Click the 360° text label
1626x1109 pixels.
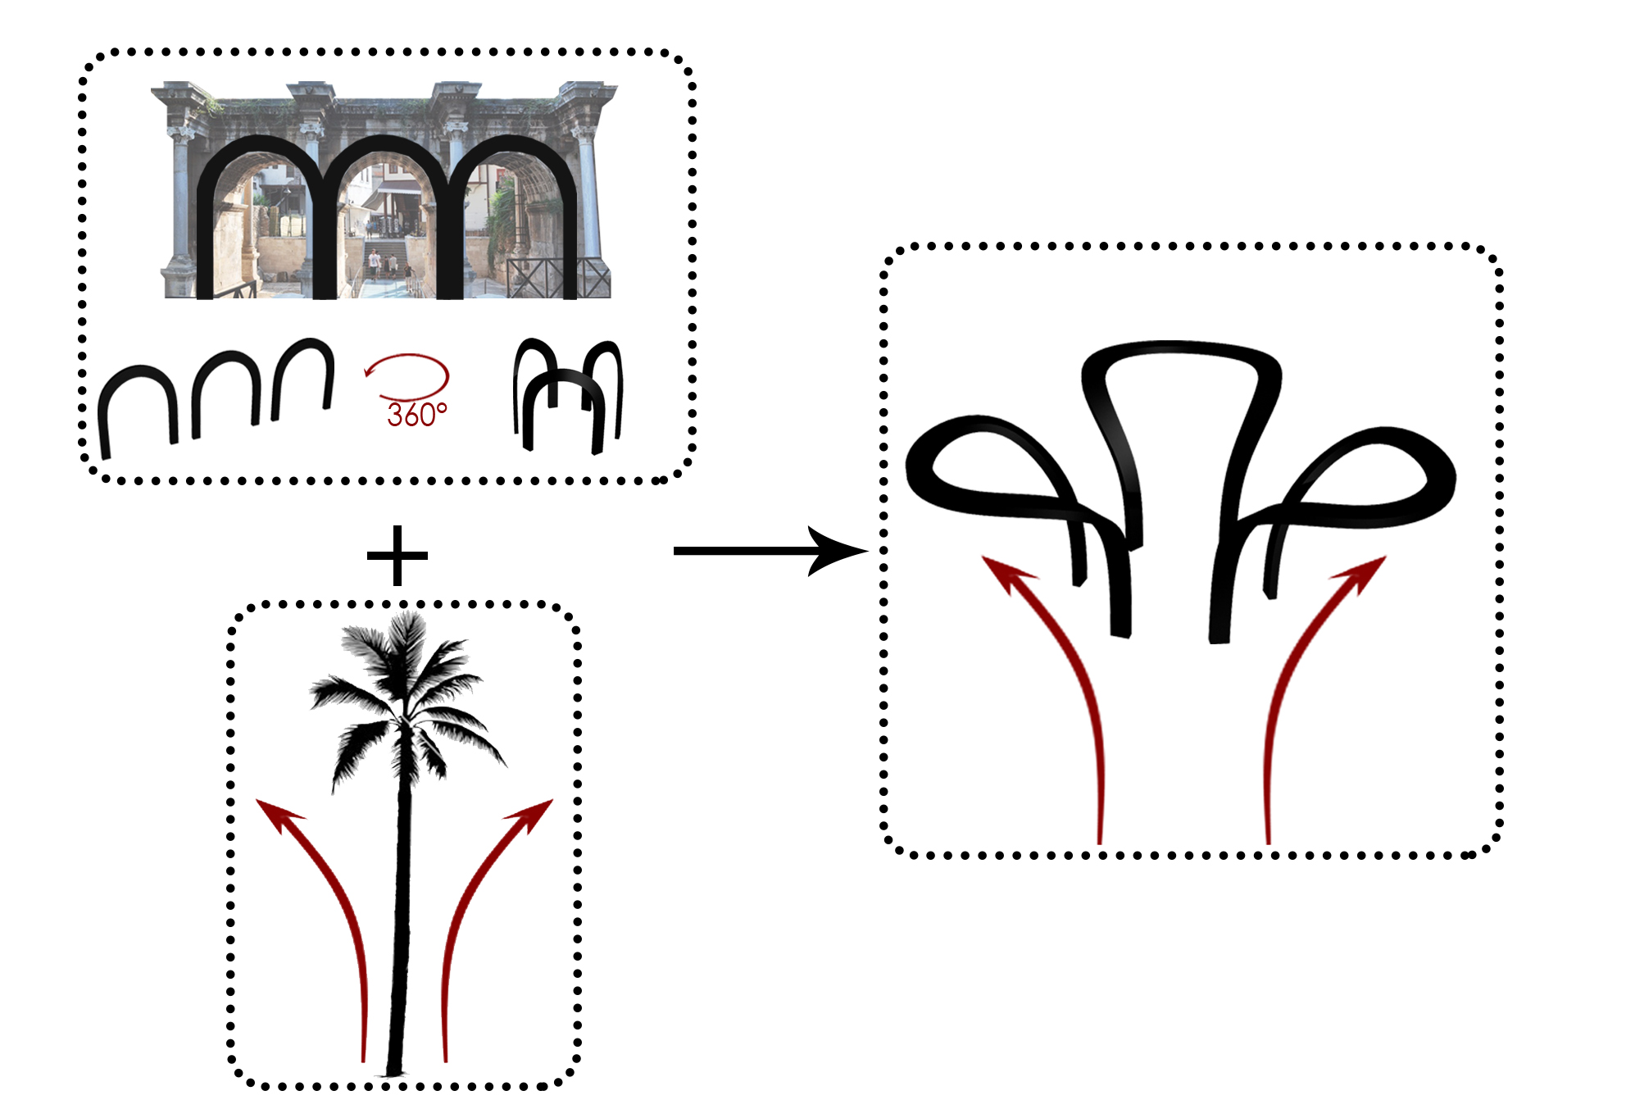417,415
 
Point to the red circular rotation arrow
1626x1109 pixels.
408,375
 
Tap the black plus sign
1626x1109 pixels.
397,556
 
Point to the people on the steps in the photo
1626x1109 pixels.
382,262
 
